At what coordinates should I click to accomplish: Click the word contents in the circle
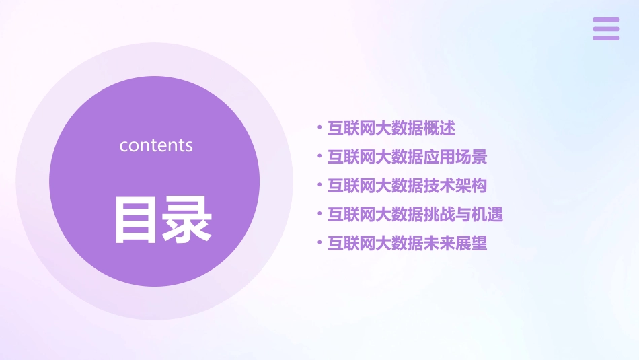pyautogui.click(x=156, y=145)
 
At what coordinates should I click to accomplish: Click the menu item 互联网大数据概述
pyautogui.click(x=391, y=128)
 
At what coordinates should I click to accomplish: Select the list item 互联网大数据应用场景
pyautogui.click(x=407, y=157)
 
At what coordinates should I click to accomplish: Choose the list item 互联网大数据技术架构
pyautogui.click(x=407, y=186)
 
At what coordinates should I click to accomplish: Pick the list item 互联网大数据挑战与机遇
pyautogui.click(x=415, y=215)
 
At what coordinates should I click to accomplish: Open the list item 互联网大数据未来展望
pyautogui.click(x=407, y=244)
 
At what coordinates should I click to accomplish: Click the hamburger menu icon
pyautogui.click(x=606, y=29)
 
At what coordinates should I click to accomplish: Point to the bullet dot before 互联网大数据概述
pyautogui.click(x=319, y=127)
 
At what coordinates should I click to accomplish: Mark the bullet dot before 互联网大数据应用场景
pyautogui.click(x=319, y=155)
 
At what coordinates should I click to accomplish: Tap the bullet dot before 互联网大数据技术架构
pyautogui.click(x=319, y=184)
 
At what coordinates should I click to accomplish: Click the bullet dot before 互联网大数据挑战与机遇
pyautogui.click(x=319, y=213)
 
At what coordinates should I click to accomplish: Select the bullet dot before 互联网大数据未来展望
pyautogui.click(x=319, y=242)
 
